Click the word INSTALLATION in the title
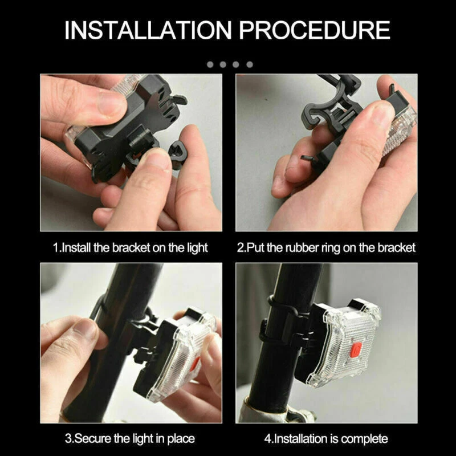[x=148, y=30]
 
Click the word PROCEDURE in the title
[x=315, y=30]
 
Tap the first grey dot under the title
[x=210, y=64]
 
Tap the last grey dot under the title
[x=250, y=64]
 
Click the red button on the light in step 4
[x=356, y=349]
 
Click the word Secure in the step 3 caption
[x=92, y=438]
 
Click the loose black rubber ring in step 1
[x=177, y=154]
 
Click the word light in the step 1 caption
[x=196, y=248]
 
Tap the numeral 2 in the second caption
[x=240, y=248]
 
